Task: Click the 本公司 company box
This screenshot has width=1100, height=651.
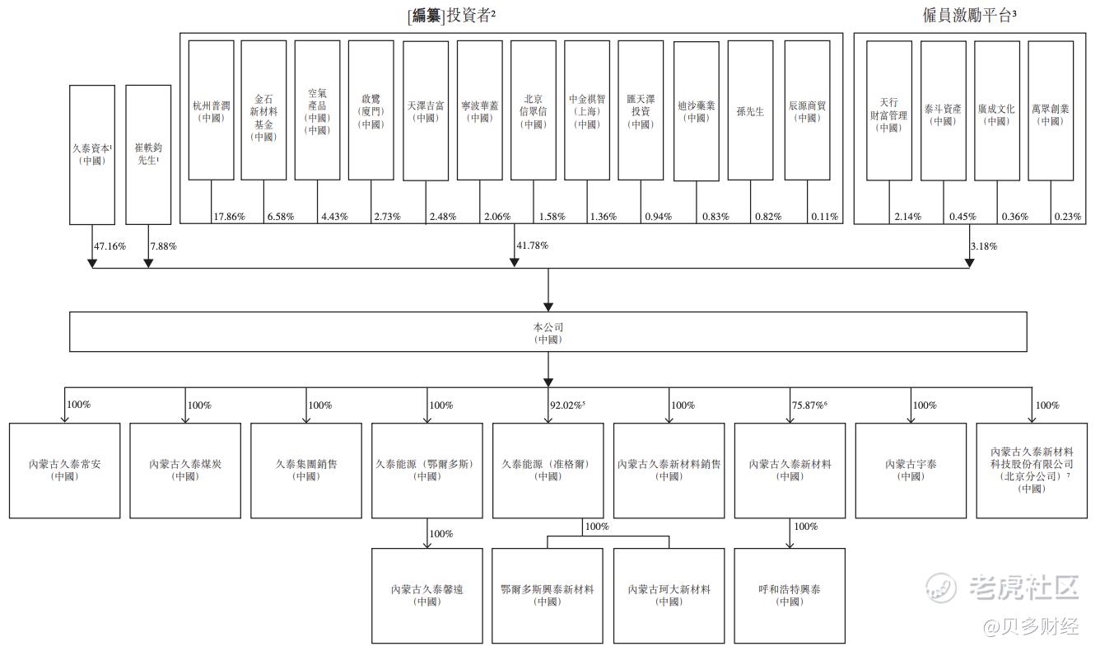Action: (x=548, y=332)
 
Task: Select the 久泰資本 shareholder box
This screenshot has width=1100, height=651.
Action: (x=91, y=154)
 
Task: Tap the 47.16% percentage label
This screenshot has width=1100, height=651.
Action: (x=110, y=246)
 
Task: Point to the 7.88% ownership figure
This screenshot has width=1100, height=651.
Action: (x=163, y=246)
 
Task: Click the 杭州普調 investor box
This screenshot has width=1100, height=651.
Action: (x=211, y=110)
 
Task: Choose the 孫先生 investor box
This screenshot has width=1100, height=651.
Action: (x=750, y=110)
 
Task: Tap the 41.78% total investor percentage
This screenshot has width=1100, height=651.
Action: (x=532, y=246)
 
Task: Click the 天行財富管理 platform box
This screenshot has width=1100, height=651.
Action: (x=889, y=110)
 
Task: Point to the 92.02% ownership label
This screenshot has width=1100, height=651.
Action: (x=566, y=405)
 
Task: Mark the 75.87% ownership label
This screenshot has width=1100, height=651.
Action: (x=809, y=405)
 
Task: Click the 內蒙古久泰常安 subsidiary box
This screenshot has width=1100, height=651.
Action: (x=64, y=471)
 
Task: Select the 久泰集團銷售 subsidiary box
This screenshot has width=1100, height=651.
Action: (x=305, y=471)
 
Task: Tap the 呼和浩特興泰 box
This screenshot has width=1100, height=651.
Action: (x=789, y=596)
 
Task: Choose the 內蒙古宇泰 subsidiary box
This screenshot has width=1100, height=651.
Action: (x=911, y=471)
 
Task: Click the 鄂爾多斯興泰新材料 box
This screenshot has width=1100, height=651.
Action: (x=547, y=596)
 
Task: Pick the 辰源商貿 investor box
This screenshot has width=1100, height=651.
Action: (x=807, y=110)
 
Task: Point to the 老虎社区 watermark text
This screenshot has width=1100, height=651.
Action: (x=1024, y=588)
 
